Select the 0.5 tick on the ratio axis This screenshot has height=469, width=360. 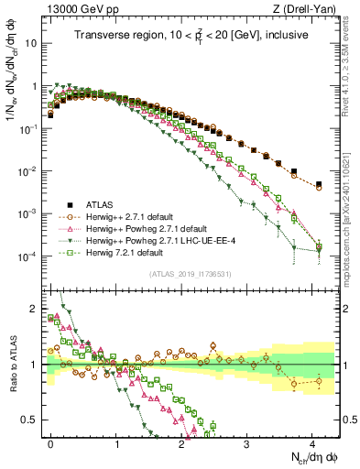34,420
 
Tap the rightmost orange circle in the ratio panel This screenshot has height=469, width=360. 319,380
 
